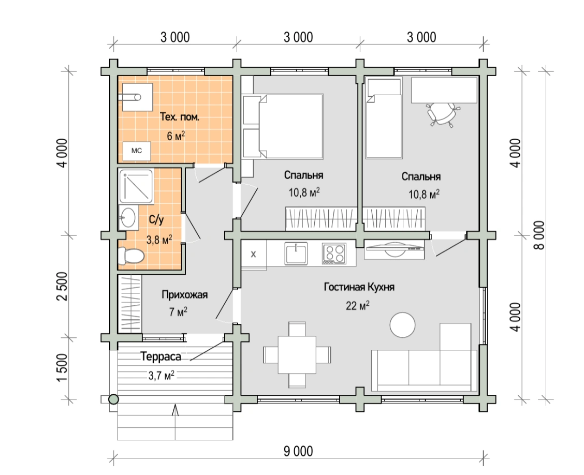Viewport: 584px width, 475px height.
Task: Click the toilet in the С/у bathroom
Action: click(131, 256)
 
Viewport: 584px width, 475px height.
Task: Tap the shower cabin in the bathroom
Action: click(136, 186)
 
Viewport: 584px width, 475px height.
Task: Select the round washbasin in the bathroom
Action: click(128, 217)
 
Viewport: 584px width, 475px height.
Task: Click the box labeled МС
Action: click(137, 151)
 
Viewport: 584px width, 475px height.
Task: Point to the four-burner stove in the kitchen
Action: click(334, 254)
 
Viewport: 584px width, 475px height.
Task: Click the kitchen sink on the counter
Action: click(296, 253)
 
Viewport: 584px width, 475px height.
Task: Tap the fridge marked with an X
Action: click(254, 254)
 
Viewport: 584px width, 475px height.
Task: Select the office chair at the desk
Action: click(443, 114)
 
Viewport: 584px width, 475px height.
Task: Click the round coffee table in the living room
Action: click(402, 325)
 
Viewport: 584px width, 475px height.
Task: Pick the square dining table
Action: click(297, 354)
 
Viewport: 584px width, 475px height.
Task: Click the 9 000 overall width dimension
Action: click(298, 452)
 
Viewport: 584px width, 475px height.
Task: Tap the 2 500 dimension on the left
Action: click(63, 286)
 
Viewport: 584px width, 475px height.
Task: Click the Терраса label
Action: click(161, 357)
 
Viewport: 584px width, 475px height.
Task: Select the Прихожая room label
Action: click(185, 295)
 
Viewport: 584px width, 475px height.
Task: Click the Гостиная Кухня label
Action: click(359, 287)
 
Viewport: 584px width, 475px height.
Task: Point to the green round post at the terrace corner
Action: click(113, 400)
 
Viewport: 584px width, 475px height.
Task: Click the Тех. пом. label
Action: click(180, 117)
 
